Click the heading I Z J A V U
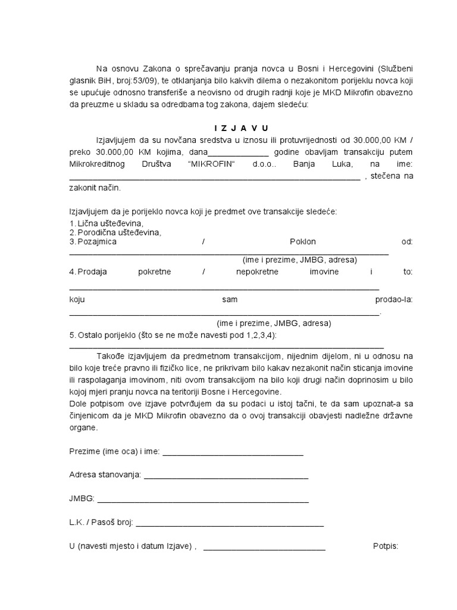(x=241, y=128)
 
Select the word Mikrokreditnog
(x=96, y=164)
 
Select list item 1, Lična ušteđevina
(x=109, y=223)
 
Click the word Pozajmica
(x=96, y=242)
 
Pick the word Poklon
(x=302, y=242)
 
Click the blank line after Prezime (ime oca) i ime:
(x=233, y=453)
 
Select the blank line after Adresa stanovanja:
(x=226, y=477)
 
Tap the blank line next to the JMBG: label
(x=202, y=500)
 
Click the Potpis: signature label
(x=385, y=547)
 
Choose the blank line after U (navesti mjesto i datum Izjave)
(x=264, y=548)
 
